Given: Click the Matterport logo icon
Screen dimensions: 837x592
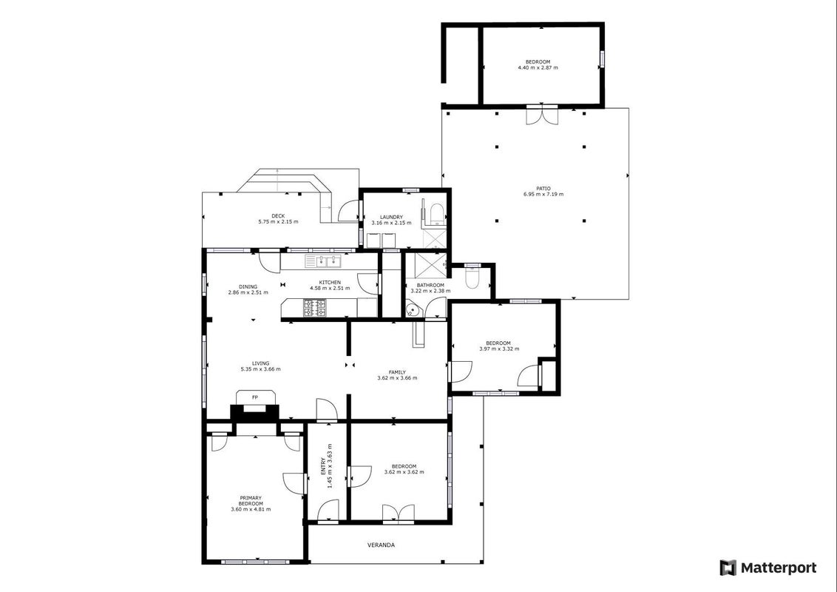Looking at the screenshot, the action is click(728, 568).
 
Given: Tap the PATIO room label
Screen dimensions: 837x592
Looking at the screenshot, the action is click(543, 189).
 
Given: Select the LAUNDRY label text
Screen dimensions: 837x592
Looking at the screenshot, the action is click(391, 217).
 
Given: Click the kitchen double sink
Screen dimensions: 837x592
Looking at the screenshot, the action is click(323, 261).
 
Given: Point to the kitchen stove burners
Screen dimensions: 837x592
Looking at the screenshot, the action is click(315, 308).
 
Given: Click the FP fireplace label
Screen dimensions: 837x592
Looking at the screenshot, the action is click(254, 397).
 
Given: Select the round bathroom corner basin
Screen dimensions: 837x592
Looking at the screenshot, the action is click(412, 309).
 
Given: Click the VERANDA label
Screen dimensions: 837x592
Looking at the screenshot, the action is click(381, 545).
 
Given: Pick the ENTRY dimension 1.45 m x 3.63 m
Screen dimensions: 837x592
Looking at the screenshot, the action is click(330, 465).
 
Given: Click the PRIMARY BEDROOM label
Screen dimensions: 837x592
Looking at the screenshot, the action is click(251, 501).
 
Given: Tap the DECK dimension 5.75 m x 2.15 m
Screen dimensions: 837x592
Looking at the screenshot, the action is click(278, 222).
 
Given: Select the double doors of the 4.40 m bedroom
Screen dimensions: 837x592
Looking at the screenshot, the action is click(542, 116).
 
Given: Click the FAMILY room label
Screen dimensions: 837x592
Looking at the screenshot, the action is click(397, 372).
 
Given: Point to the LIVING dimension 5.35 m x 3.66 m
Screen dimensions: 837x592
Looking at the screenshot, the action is click(260, 369).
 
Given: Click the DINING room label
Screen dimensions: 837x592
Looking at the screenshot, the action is click(248, 287).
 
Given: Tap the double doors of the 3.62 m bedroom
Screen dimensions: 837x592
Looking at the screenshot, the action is click(399, 513).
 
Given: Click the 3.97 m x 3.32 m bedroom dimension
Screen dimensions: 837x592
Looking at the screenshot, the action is click(499, 349).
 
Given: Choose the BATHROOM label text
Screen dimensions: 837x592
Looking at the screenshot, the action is click(431, 286).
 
